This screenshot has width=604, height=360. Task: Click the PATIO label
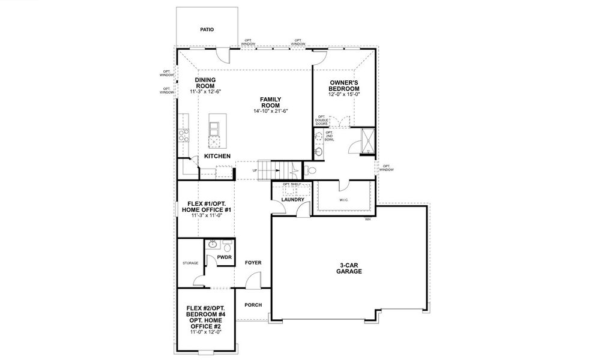[207, 29]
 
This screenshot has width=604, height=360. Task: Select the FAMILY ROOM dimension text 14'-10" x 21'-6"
[271, 111]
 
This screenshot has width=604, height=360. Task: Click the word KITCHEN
[217, 156]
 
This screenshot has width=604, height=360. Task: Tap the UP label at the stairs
[255, 170]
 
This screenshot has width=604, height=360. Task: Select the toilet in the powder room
[227, 245]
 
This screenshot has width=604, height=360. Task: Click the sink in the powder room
[212, 245]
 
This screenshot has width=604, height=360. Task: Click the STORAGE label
[190, 263]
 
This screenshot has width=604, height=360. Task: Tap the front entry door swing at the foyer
[255, 279]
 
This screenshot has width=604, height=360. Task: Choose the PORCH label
[253, 305]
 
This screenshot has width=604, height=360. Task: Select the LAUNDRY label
[292, 199]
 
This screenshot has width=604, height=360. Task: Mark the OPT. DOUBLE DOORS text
[321, 120]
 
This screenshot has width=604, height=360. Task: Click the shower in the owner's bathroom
[363, 142]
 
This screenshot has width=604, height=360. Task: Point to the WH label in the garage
[367, 220]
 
